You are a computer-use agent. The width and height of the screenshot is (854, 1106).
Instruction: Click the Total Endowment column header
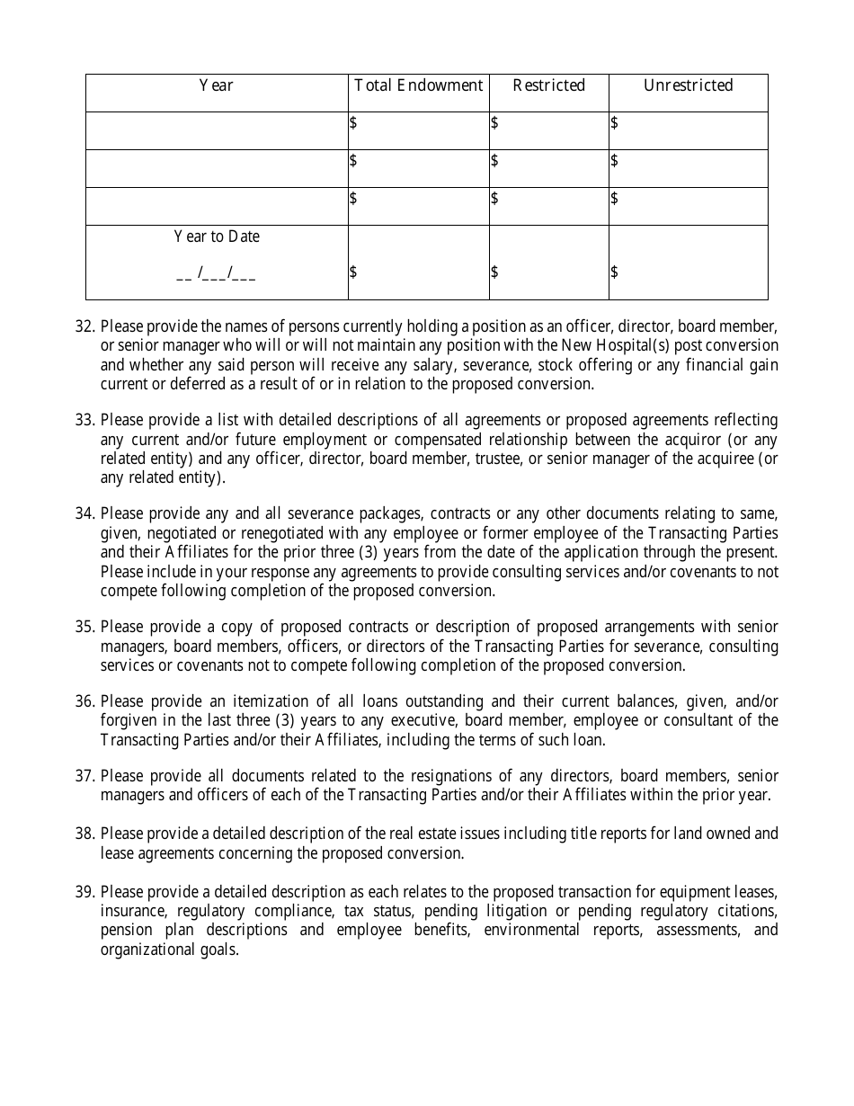pyautogui.click(x=419, y=85)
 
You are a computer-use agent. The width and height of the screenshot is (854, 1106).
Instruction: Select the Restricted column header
pyautogui.click(x=548, y=85)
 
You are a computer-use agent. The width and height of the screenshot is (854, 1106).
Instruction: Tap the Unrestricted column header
pyautogui.click(x=688, y=85)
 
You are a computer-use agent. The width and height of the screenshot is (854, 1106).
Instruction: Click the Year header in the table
pyautogui.click(x=216, y=85)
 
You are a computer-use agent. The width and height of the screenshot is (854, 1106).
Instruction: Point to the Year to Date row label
pyautogui.click(x=217, y=236)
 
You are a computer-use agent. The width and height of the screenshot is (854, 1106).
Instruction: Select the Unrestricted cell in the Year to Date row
pyautogui.click(x=688, y=272)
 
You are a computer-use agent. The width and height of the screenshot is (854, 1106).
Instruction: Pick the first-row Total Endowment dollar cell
pyautogui.click(x=419, y=123)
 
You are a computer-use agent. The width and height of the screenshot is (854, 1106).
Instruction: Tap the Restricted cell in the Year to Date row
pyautogui.click(x=548, y=272)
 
